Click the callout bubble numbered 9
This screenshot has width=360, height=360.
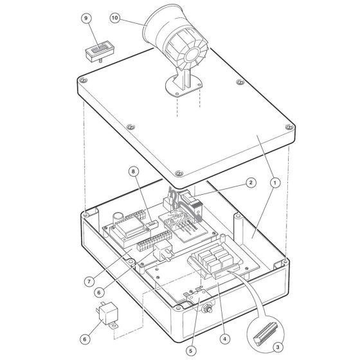tap(86, 18)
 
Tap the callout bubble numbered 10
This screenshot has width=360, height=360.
tap(115, 18)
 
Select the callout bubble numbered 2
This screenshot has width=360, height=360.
tap(251, 183)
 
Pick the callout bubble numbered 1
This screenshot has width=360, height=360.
tap(275, 183)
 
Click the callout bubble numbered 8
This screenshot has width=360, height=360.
tap(134, 172)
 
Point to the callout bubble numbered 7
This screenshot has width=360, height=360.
tap(89, 282)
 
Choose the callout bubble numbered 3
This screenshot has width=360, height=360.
tap(278, 347)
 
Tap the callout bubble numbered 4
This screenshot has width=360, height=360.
tap(224, 339)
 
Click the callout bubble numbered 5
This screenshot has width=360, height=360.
tap(191, 350)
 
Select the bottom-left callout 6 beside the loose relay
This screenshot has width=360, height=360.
tap(85, 339)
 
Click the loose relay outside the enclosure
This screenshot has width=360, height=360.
tap(107, 315)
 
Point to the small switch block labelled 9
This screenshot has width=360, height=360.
tap(100, 51)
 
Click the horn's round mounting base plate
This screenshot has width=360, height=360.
tap(184, 87)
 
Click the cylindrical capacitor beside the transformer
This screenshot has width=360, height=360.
tap(118, 218)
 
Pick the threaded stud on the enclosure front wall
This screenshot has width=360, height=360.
tap(208, 308)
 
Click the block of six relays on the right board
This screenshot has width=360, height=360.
tap(213, 258)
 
